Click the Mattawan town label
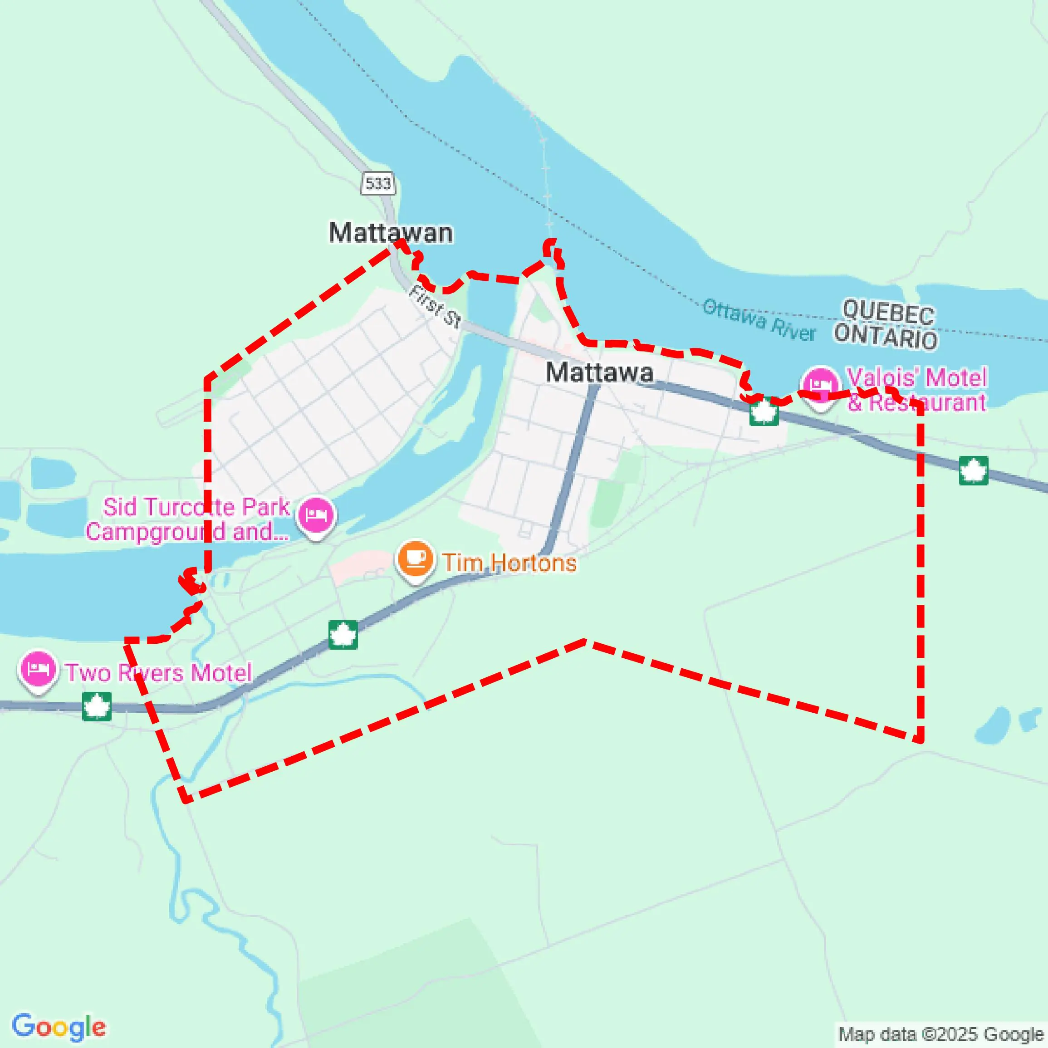[391, 233]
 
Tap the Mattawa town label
[599, 372]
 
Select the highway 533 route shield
[377, 183]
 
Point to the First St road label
[435, 307]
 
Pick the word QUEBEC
[888, 313]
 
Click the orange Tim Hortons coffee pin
[416, 559]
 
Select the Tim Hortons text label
[509, 563]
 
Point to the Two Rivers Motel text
[159, 673]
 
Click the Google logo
[59, 1027]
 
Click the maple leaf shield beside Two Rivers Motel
[97, 706]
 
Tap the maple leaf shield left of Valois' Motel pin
[764, 412]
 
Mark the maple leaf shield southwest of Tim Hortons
[343, 634]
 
